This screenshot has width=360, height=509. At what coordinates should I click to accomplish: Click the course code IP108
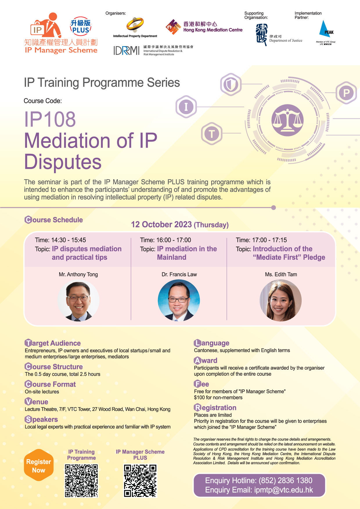click(x=50, y=119)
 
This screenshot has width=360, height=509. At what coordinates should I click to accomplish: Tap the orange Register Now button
click(x=39, y=465)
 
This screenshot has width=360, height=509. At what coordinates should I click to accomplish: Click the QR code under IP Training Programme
click(x=81, y=481)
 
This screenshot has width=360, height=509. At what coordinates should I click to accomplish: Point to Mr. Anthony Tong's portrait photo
click(x=78, y=300)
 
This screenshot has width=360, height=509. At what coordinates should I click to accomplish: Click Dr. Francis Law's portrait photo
click(x=179, y=300)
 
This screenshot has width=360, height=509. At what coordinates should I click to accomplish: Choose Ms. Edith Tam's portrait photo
click(x=280, y=300)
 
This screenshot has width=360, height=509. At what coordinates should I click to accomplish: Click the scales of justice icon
click(x=287, y=120)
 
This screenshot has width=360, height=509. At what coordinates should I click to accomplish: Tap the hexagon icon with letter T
click(x=212, y=134)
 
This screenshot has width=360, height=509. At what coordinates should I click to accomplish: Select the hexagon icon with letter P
click(x=346, y=93)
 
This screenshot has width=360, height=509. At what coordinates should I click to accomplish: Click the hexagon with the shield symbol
click(x=231, y=85)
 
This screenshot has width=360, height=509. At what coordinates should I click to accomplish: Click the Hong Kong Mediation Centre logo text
click(x=213, y=27)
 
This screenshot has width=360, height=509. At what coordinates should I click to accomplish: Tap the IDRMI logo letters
click(x=127, y=50)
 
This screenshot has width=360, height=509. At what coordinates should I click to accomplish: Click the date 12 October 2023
click(x=161, y=225)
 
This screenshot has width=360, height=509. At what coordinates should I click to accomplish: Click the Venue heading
click(x=37, y=402)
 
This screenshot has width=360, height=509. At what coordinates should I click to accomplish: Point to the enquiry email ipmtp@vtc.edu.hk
click(x=284, y=490)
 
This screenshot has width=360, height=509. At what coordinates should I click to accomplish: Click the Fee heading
click(x=201, y=384)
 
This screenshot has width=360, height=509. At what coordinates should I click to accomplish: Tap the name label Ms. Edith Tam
click(x=281, y=274)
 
